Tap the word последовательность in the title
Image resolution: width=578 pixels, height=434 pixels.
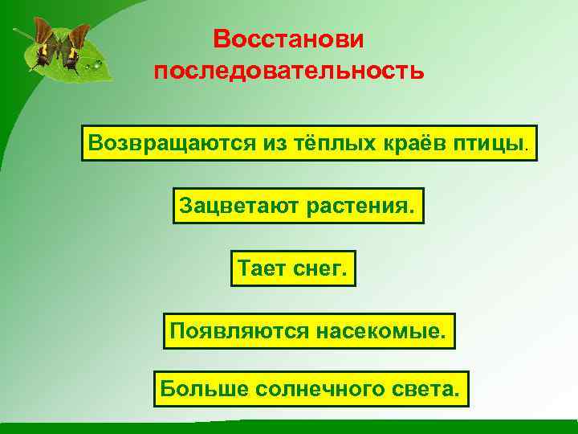[289, 72]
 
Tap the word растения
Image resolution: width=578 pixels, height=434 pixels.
[359, 207]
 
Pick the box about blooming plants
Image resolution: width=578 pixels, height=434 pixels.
[298, 207]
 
